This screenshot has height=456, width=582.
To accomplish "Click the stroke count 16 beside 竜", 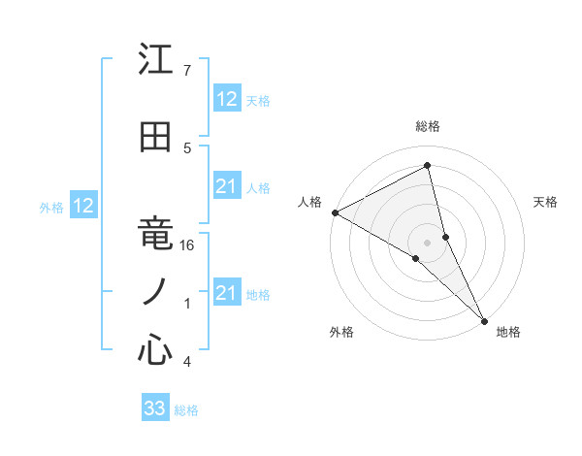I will pos(188,245).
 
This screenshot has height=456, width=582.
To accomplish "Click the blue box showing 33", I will pos(155,408).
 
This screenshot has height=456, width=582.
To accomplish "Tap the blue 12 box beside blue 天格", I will pos(227,99).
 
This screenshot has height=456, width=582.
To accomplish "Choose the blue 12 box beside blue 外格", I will pos(82,206).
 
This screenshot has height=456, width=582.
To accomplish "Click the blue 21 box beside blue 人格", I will pos(227,186).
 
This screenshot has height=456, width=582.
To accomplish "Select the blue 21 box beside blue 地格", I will pos(227,293).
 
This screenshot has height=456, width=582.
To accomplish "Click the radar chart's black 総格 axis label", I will pos(427,126).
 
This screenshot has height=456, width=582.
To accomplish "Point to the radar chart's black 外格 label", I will pos(341,332).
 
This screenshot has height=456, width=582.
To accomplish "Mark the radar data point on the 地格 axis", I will pos(484,319).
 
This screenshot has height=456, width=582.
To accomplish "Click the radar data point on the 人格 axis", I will pos(335,212).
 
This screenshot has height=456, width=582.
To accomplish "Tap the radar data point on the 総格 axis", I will pos(428,166).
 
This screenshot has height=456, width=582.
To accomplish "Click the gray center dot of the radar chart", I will pos(427,242).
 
